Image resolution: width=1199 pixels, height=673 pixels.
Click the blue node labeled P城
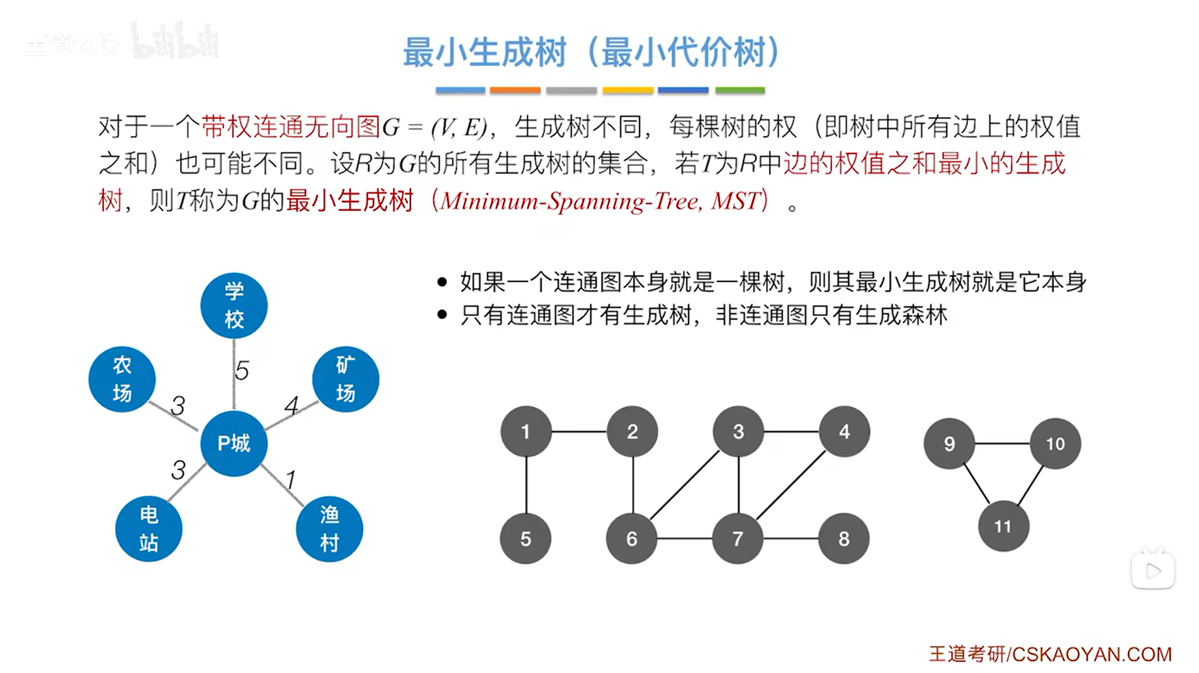tap(234, 443)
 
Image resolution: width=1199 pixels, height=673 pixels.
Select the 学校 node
tap(234, 305)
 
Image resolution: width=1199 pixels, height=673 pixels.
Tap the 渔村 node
tap(329, 529)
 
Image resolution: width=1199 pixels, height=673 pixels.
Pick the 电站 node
tap(149, 529)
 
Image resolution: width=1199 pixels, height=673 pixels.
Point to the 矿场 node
tap(346, 379)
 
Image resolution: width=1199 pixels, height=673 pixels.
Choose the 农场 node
tap(122, 379)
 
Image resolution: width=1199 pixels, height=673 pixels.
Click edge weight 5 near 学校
tap(242, 370)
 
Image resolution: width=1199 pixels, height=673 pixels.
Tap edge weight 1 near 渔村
tap(290, 480)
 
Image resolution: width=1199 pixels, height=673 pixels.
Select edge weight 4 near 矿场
tap(291, 405)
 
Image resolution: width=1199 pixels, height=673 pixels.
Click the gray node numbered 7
tap(738, 538)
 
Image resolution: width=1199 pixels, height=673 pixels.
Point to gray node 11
tap(1003, 526)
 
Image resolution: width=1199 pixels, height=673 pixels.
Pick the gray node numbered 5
tap(526, 538)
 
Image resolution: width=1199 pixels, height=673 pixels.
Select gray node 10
tap(1055, 443)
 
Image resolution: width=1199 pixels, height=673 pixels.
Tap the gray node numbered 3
tap(738, 431)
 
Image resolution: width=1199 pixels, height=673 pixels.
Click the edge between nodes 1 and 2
tap(579, 432)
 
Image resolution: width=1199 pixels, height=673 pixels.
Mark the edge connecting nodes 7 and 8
tap(791, 538)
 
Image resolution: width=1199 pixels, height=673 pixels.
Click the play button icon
tap(1152, 571)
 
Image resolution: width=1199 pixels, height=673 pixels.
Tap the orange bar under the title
tap(515, 91)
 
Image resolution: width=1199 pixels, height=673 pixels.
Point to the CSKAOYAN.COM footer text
tap(1091, 654)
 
